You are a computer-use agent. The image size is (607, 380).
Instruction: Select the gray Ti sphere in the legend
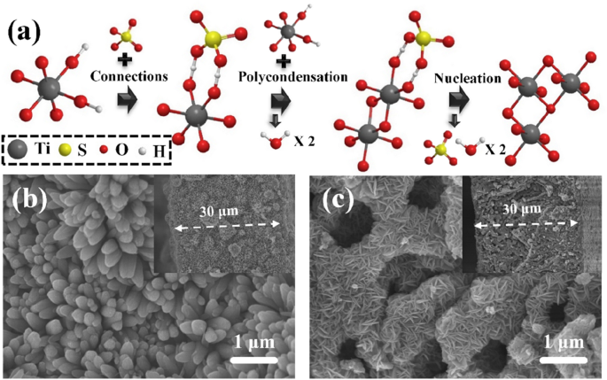point(21,151)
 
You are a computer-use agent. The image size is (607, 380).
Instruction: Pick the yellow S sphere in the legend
point(76,151)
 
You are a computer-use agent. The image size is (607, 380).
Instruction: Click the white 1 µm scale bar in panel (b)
point(253,361)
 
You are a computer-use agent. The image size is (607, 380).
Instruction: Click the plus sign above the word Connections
point(128,58)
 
